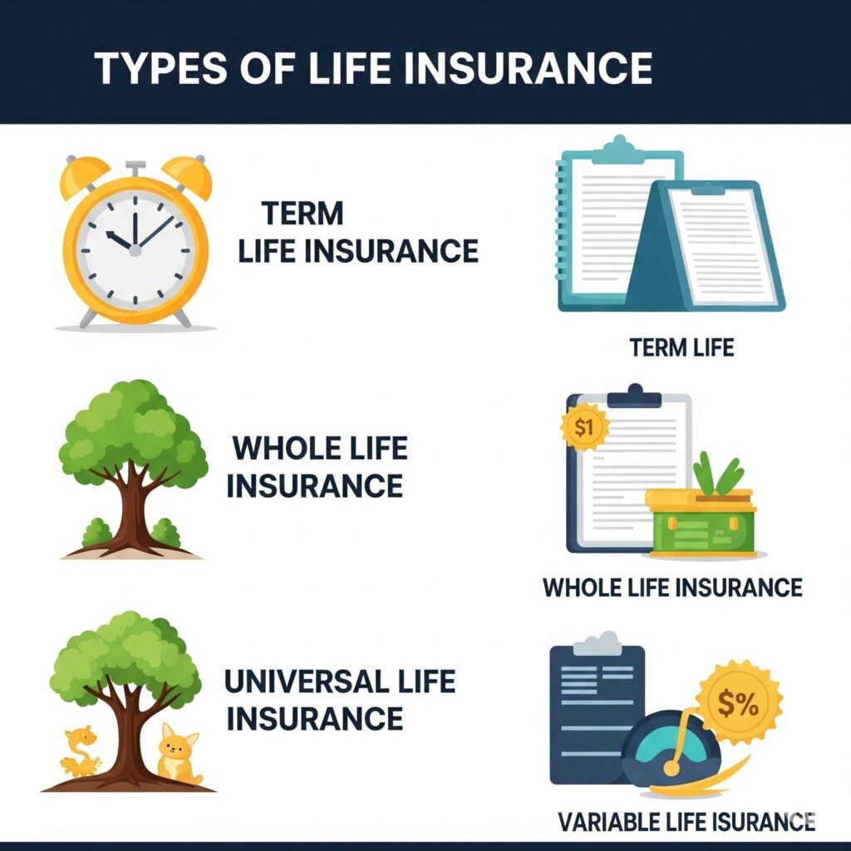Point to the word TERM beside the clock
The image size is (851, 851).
pos(303,214)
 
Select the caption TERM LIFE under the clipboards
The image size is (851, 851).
pos(681,347)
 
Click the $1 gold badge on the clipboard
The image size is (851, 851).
pos(586,429)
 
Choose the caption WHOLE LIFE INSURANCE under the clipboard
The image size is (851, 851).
pos(672,588)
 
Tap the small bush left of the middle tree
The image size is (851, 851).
pos(97,533)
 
